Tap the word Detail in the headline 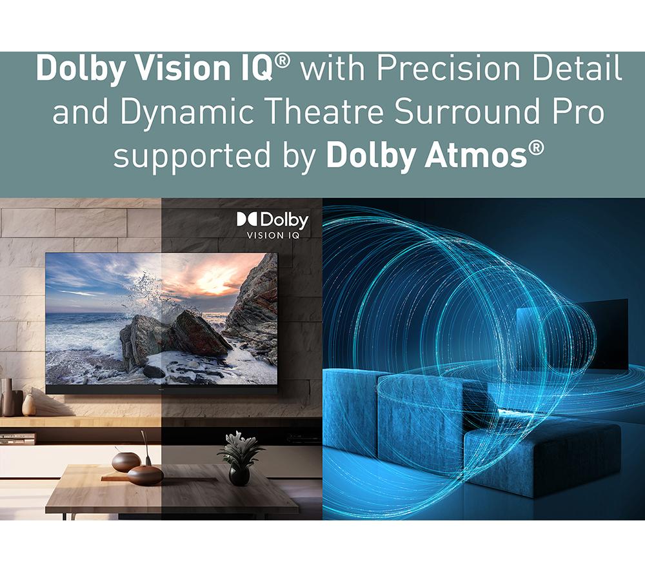coord(577,68)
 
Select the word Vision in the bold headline coord(183,68)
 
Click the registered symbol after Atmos coord(535,148)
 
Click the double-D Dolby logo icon coord(247,219)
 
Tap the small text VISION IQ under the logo coord(273,235)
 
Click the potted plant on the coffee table coord(239,458)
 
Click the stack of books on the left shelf coord(17,439)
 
